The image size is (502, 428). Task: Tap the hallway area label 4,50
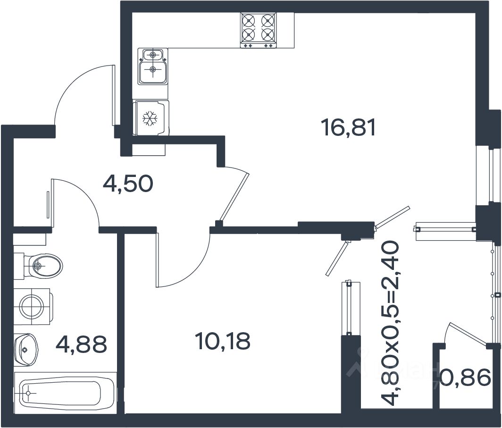pos(128,184)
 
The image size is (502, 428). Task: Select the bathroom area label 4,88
pos(81,344)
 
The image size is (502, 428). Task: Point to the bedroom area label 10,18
pos(222,341)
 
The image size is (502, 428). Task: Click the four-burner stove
pos(258,30)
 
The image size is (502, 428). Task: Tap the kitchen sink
pos(152,66)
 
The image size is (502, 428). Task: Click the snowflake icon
pos(150,118)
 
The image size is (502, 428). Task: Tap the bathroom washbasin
pos(26,349)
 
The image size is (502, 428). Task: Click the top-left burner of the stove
pos(249,21)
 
